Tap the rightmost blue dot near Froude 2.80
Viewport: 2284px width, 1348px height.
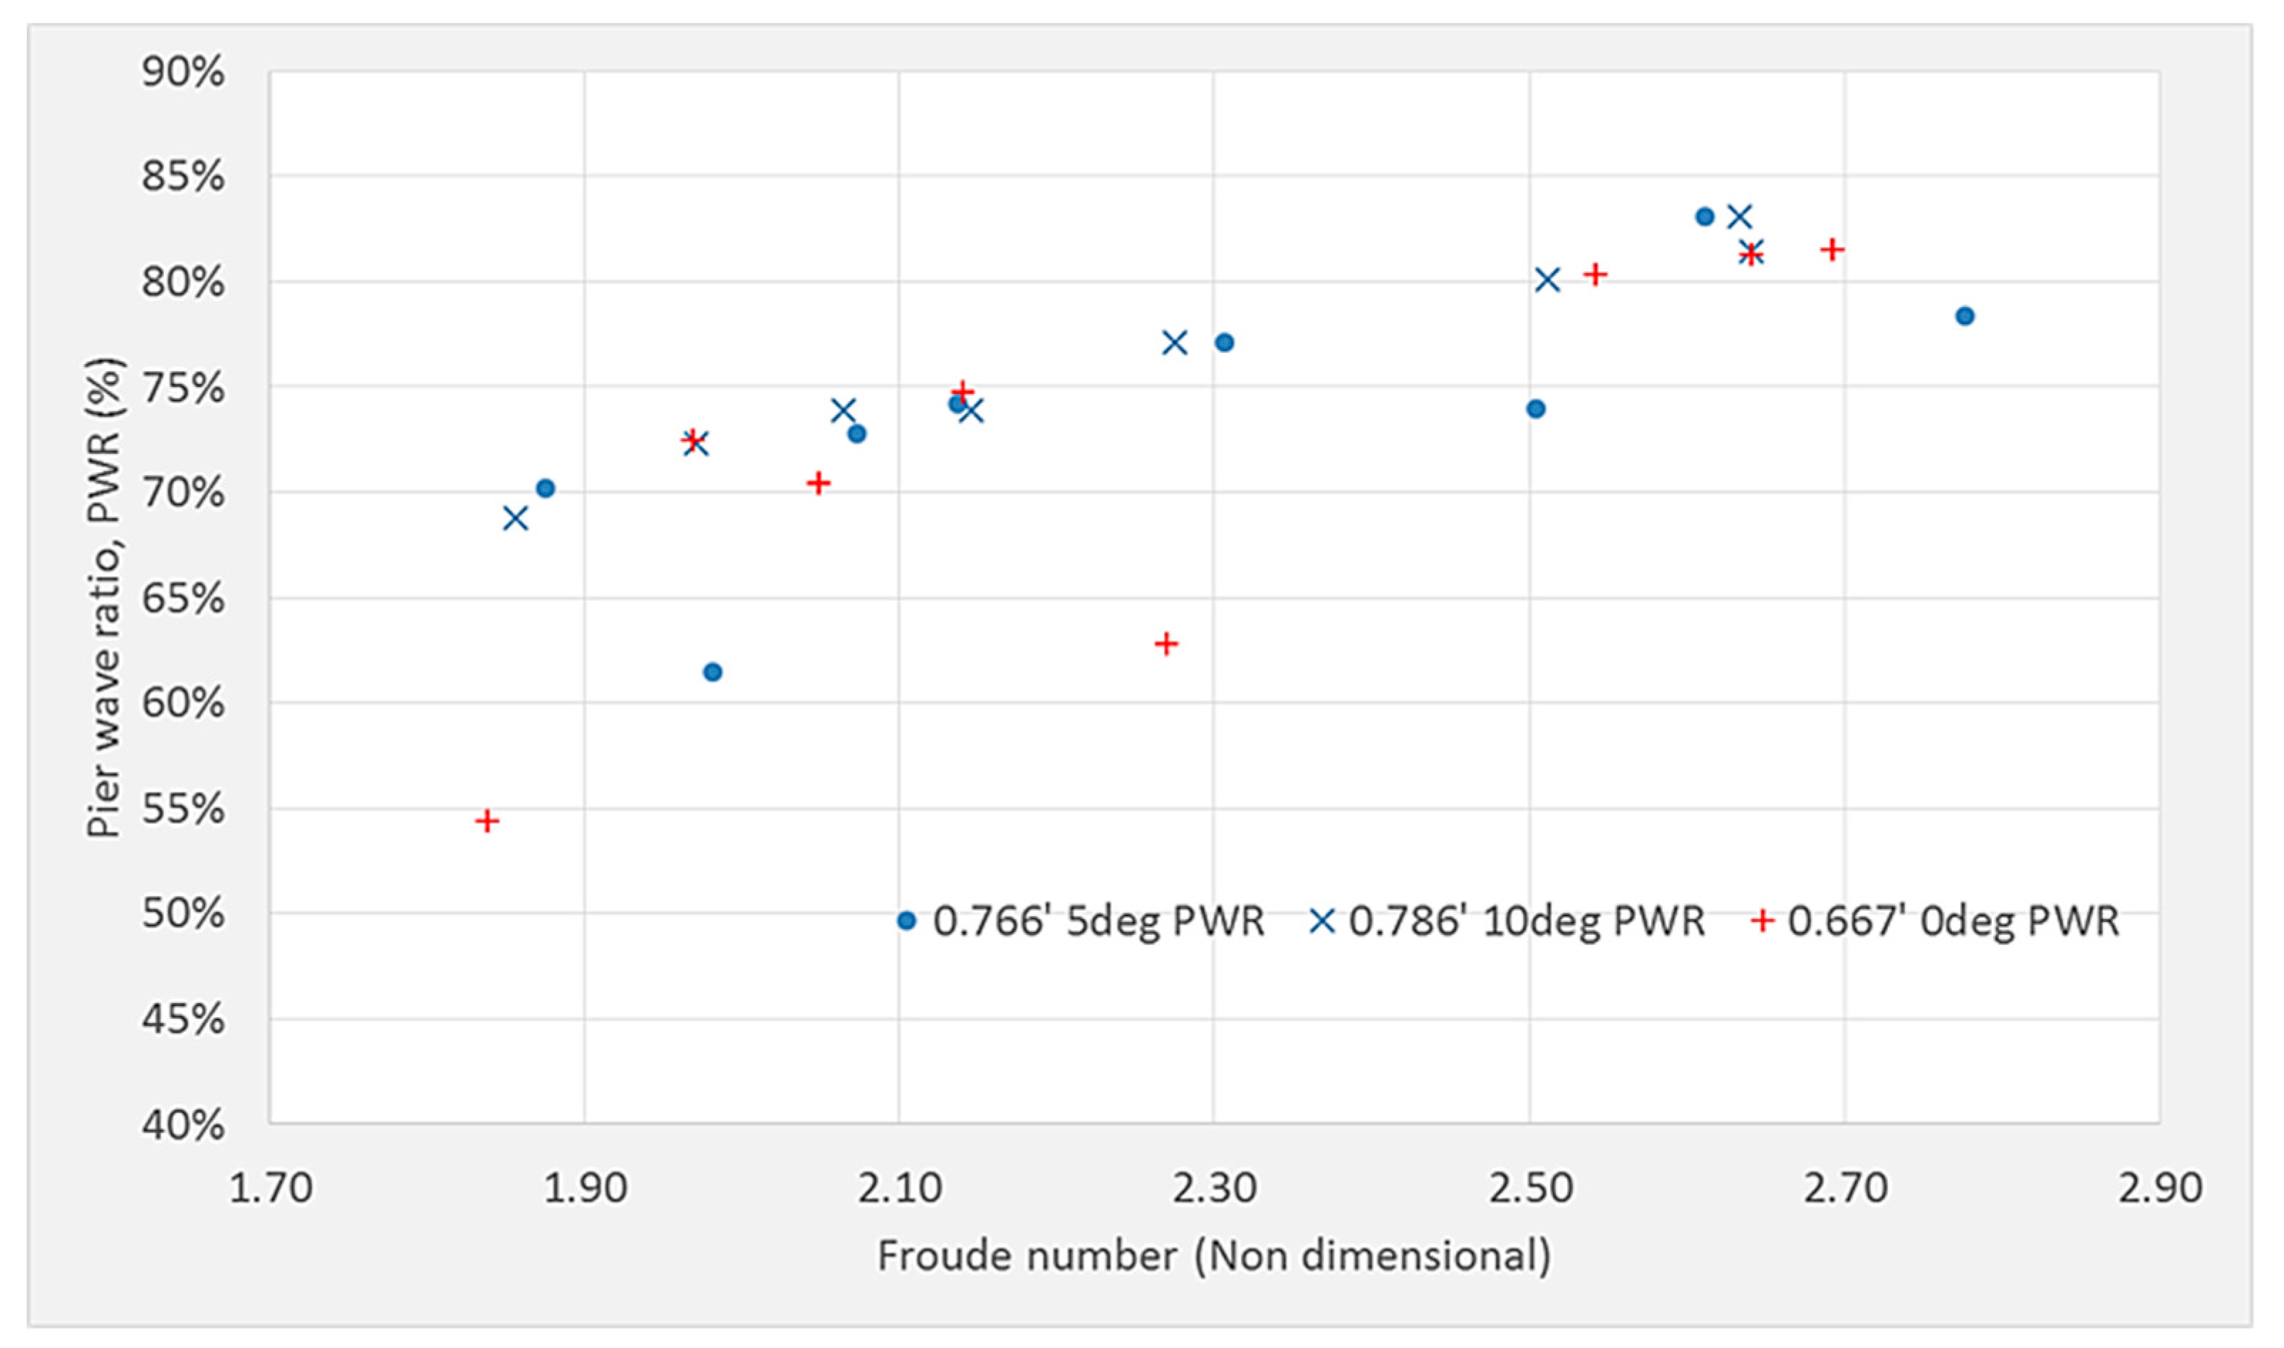point(1964,316)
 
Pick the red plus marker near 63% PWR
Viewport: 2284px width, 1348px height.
point(1166,644)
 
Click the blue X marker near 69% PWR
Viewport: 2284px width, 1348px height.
point(515,519)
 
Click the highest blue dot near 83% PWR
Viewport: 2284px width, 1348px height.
point(1705,216)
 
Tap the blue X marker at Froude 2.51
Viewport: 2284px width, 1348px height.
point(1547,280)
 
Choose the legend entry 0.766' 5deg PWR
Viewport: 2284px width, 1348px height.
point(1081,921)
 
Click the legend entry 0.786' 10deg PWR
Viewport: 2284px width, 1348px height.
point(1507,921)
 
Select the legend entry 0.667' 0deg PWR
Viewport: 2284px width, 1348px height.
point(1934,921)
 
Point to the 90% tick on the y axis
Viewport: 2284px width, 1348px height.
point(182,73)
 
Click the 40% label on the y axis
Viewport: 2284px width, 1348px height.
point(182,1124)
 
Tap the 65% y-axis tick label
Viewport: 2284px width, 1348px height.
point(182,598)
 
